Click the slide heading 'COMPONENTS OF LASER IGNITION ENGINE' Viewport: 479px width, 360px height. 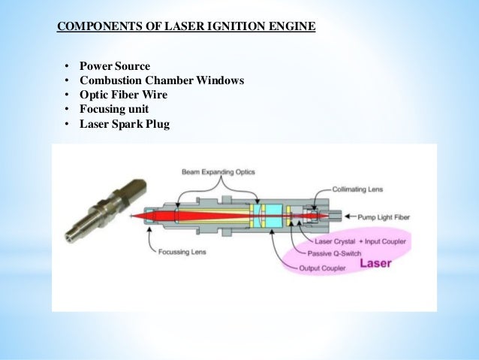(187, 29)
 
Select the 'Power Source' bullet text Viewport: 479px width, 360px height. (115, 65)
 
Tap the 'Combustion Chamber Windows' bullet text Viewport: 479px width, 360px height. (161, 80)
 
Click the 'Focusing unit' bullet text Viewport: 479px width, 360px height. (116, 109)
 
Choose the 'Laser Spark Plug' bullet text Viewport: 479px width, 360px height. (125, 124)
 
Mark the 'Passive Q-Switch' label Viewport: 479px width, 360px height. (344, 253)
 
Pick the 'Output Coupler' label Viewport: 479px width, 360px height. (324, 268)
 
